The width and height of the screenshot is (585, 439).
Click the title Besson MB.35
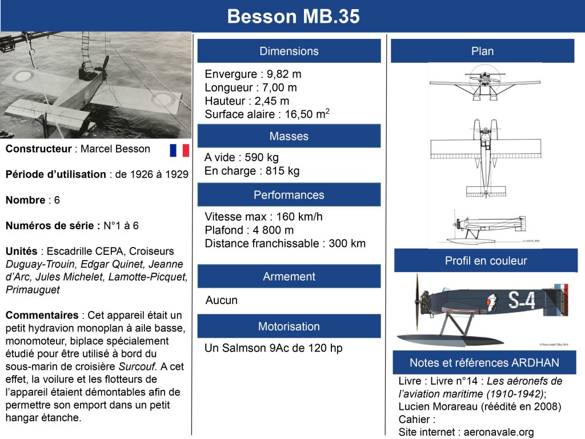coord(293,17)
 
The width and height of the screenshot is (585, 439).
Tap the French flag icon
coord(179,150)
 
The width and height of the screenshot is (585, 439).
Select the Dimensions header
coord(289,51)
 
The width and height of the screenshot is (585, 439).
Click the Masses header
coord(289,136)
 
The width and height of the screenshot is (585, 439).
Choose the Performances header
coord(289,195)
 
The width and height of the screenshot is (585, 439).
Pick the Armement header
coord(289,276)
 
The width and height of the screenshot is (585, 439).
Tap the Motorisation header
coord(289,326)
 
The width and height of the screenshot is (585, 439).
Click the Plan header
coord(482,51)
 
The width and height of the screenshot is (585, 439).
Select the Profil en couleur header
coord(486,261)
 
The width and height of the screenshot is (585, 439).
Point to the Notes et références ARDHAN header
coord(484,362)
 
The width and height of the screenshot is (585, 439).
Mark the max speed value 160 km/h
coord(299,217)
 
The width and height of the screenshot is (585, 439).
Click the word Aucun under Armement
coord(221,300)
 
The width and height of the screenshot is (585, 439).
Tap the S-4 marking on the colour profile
coord(521,300)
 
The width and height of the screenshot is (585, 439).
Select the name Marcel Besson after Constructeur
coord(115,149)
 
